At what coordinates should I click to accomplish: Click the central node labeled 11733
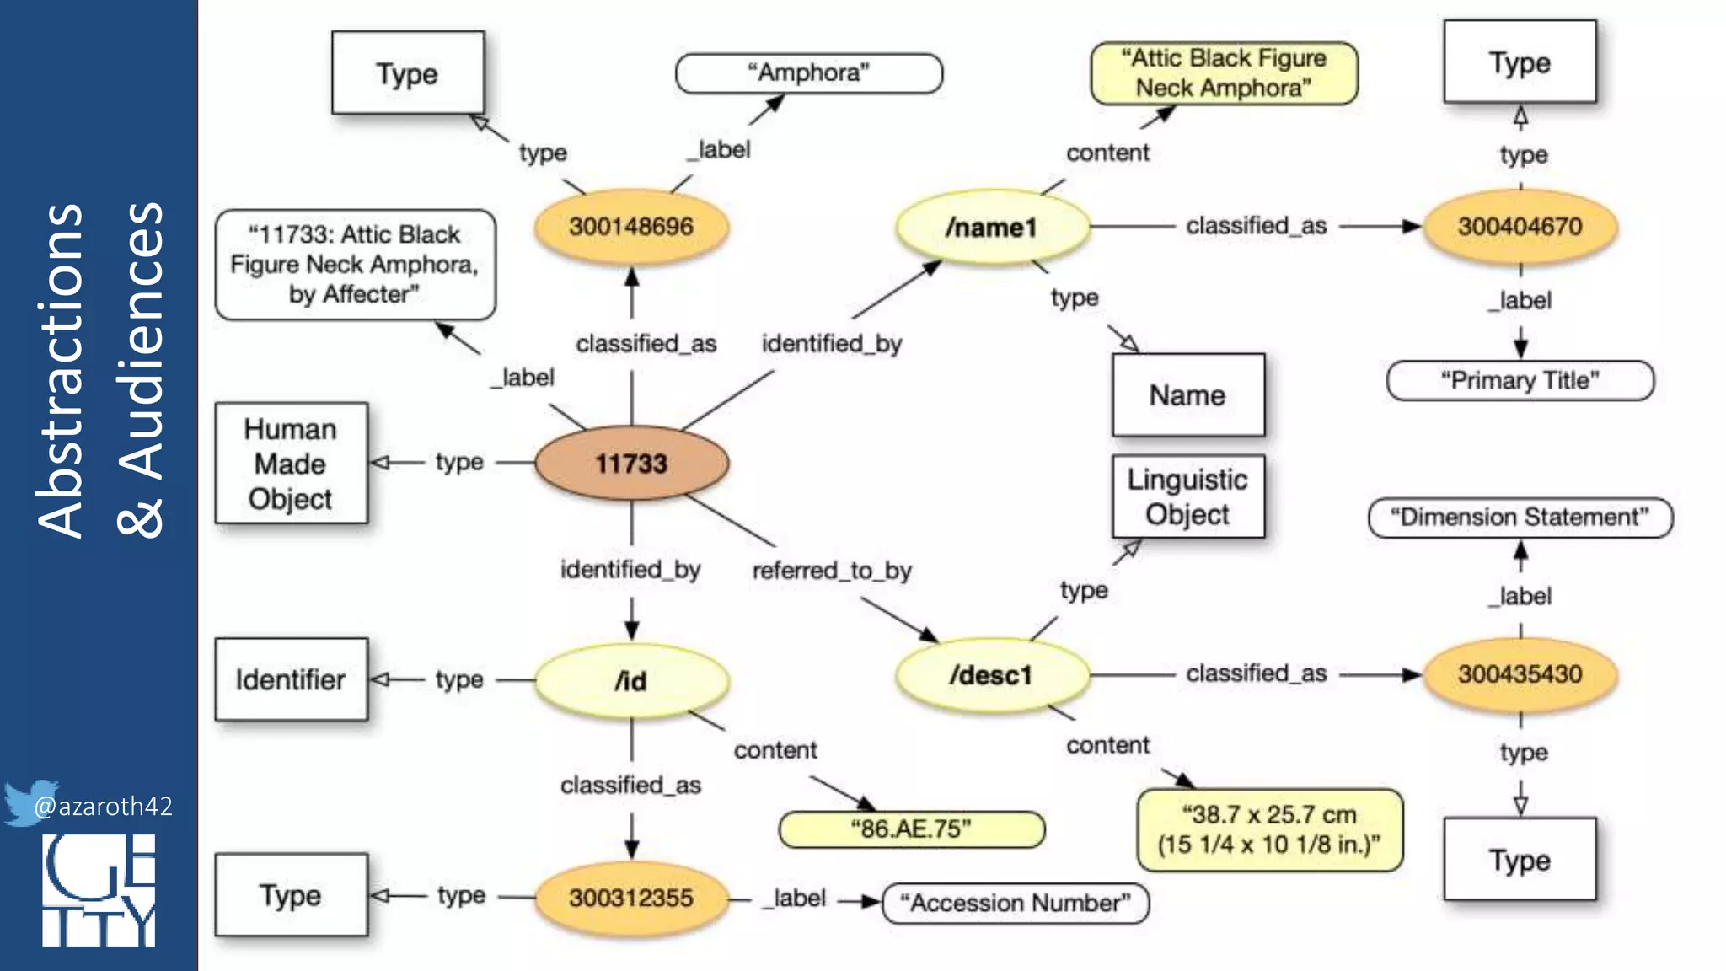click(631, 463)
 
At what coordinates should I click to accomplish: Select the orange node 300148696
click(631, 226)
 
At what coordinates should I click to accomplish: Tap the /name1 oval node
click(992, 227)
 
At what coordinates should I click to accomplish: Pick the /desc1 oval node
click(992, 675)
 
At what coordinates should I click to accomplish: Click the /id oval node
click(631, 680)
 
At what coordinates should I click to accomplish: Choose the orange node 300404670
click(1520, 226)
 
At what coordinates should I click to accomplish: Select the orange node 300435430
click(1520, 673)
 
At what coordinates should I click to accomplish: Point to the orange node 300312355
click(631, 898)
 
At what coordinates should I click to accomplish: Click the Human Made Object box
click(291, 463)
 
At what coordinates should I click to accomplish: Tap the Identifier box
click(291, 679)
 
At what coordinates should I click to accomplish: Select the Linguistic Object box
click(1187, 496)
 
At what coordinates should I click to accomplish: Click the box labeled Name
click(1187, 394)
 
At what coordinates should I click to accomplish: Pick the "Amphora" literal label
click(808, 73)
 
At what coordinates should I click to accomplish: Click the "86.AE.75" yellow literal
click(911, 829)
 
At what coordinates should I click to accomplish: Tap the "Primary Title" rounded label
click(1520, 380)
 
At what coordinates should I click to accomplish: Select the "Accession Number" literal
click(1015, 903)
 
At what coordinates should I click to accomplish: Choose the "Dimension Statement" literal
click(1520, 517)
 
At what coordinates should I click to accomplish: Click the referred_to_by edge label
click(832, 571)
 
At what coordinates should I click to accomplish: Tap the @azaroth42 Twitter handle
click(103, 807)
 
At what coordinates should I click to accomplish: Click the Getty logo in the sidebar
click(99, 890)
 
